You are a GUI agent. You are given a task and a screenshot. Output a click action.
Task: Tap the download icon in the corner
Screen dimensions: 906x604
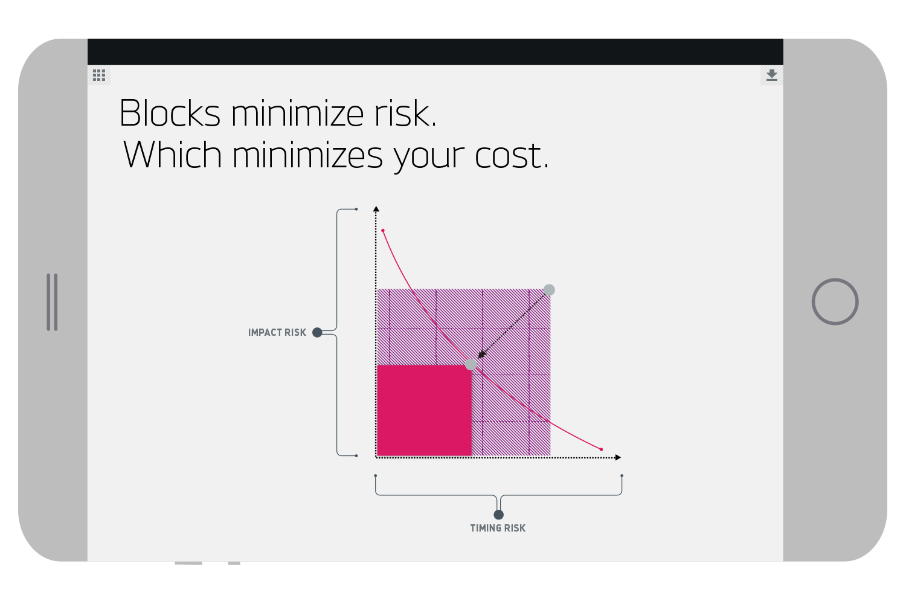[772, 75]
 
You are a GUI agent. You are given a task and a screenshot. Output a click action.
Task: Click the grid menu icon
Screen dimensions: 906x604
[99, 75]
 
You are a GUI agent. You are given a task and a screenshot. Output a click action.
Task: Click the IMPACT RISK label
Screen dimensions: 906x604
[277, 333]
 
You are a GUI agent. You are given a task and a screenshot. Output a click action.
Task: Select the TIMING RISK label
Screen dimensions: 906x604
[498, 528]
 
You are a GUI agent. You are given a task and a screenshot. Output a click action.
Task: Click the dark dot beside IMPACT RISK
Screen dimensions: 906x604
[318, 333]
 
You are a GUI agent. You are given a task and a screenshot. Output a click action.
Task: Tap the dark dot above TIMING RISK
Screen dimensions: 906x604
[499, 515]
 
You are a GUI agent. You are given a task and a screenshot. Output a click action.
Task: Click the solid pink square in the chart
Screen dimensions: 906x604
[424, 410]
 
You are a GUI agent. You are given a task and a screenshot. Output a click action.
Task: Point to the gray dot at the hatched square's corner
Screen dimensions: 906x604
[549, 290]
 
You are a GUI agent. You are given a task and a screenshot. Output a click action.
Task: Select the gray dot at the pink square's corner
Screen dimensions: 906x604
[471, 364]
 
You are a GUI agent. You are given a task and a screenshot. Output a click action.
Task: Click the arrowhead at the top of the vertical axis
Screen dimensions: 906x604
[376, 209]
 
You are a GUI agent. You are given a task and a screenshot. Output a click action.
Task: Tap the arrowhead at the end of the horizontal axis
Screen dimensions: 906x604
[618, 458]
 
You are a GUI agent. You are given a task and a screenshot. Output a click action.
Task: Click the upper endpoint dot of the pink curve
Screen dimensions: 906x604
[383, 231]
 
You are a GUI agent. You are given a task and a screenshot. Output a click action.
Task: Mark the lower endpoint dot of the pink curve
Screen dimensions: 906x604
[602, 449]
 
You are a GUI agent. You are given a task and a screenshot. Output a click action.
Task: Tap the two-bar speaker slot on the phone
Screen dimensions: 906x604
[52, 302]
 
